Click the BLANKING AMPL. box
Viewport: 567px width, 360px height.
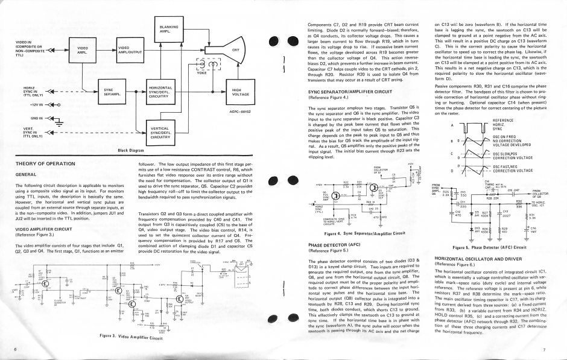pyautogui.click(x=168, y=28)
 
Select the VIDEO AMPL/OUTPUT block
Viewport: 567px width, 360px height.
pyautogui.click(x=129, y=50)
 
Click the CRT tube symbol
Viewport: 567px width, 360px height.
pyautogui.click(x=235, y=50)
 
